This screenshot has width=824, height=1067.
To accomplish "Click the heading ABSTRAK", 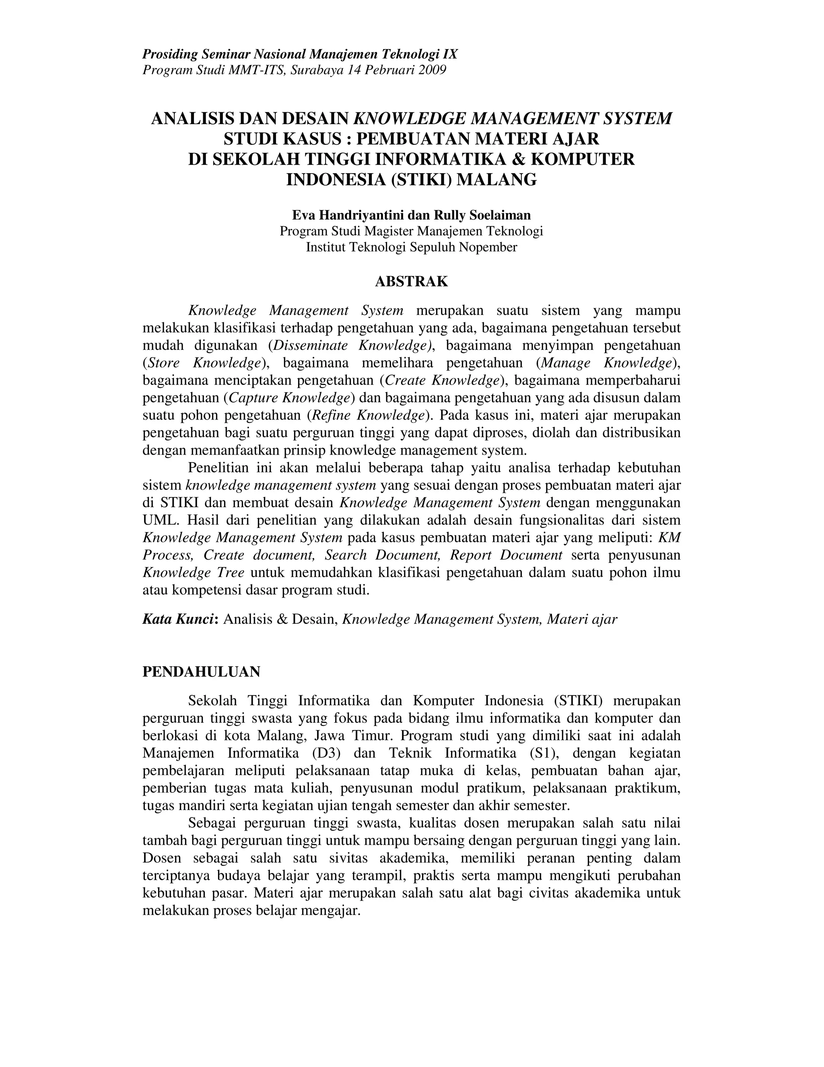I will (411, 282).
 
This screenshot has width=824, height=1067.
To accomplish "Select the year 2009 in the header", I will (432, 70).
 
